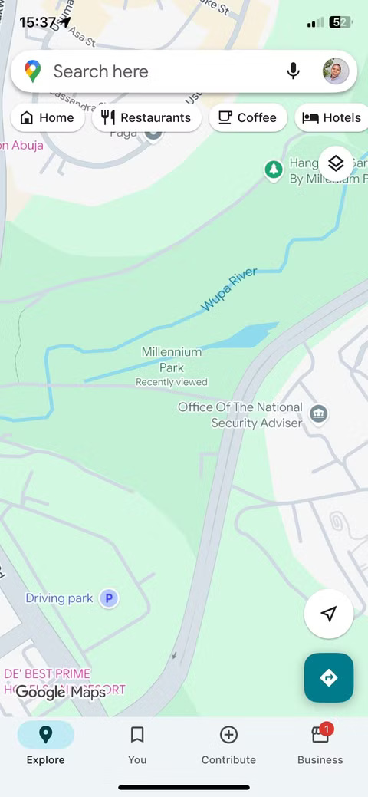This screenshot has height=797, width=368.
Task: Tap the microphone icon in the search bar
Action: [x=293, y=71]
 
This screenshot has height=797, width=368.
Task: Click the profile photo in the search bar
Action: [x=336, y=71]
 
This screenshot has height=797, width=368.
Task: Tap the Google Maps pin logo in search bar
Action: [x=32, y=71]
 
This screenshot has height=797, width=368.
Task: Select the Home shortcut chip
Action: [x=48, y=117]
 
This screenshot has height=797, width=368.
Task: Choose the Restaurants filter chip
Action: [x=146, y=117]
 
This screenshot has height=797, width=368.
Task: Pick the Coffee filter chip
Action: [x=248, y=117]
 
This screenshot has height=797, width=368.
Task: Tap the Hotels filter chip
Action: [x=331, y=117]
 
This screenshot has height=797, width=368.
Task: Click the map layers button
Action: [x=336, y=163]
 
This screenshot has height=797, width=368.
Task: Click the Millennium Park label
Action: [x=172, y=359]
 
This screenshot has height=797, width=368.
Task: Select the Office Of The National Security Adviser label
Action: [x=241, y=415]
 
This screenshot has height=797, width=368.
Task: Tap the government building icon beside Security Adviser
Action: [x=318, y=415]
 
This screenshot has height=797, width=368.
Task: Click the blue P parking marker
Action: [x=110, y=598]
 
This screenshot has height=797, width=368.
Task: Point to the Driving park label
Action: [x=59, y=598]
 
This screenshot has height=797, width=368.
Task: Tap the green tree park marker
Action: [x=274, y=170]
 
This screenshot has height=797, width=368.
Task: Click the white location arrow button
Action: [x=329, y=614]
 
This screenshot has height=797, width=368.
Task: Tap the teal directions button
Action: [x=329, y=677]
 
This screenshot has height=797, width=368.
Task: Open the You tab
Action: [x=137, y=744]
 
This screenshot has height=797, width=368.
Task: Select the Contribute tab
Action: [x=228, y=744]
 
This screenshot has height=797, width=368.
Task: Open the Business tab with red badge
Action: [x=320, y=744]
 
